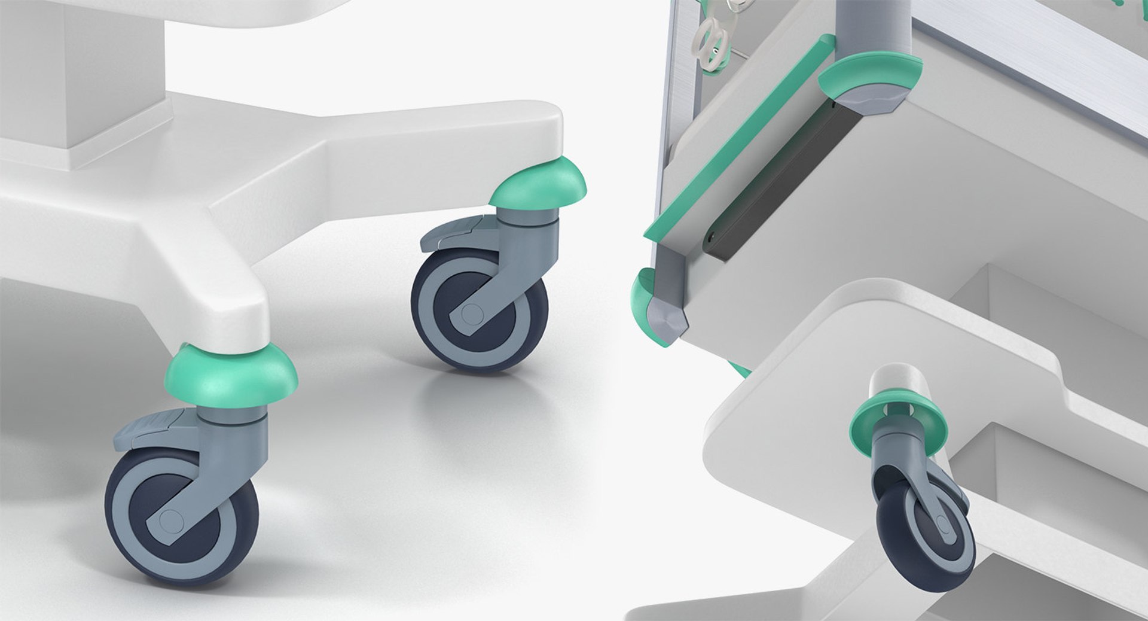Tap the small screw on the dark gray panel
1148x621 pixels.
(x=711, y=236)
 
